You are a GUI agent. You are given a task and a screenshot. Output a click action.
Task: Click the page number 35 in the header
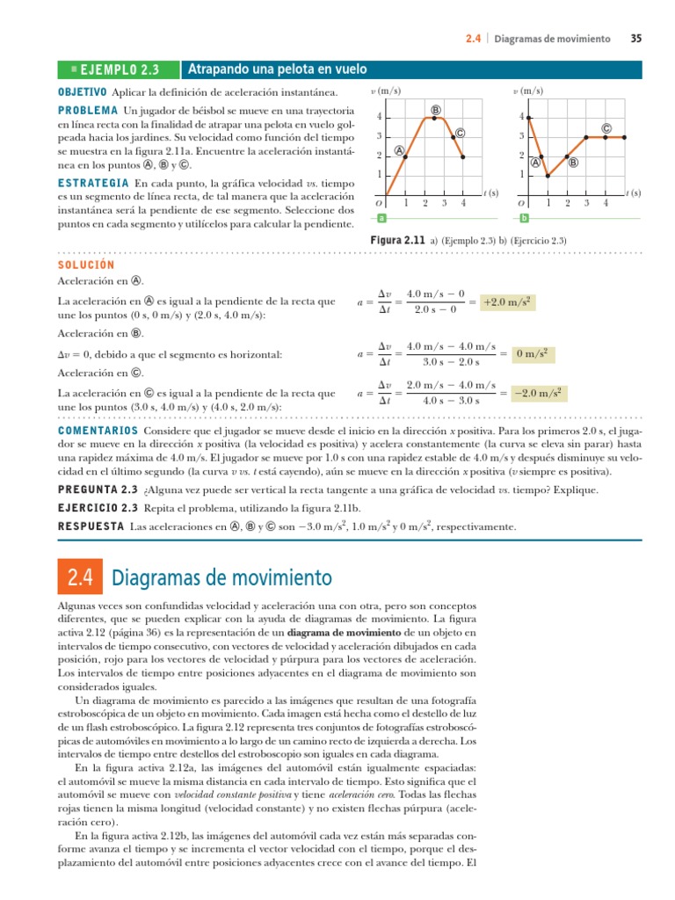(635, 39)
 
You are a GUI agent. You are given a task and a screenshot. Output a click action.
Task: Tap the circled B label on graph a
(436, 109)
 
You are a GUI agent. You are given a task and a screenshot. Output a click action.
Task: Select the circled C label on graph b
(606, 128)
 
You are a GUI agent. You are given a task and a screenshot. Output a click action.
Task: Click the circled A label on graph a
(399, 150)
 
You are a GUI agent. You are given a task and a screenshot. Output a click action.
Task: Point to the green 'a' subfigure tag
(381, 218)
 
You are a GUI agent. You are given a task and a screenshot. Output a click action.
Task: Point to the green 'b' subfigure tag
(524, 218)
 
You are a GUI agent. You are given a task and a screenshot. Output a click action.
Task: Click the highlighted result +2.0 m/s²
(509, 302)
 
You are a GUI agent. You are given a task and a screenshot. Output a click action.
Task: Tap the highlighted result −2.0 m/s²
(538, 392)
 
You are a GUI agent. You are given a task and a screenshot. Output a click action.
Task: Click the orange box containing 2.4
(80, 577)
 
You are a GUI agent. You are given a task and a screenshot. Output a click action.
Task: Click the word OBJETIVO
(82, 91)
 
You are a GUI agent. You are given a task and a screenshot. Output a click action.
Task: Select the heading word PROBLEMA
(88, 111)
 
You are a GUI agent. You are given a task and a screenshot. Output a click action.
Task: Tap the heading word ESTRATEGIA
(93, 182)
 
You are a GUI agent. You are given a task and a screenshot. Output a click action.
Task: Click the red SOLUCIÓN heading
(86, 264)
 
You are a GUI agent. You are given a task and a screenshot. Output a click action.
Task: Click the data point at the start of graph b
(528, 117)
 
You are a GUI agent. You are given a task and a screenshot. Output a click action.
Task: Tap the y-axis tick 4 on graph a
(379, 117)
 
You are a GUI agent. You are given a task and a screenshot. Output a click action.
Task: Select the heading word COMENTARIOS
(97, 432)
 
